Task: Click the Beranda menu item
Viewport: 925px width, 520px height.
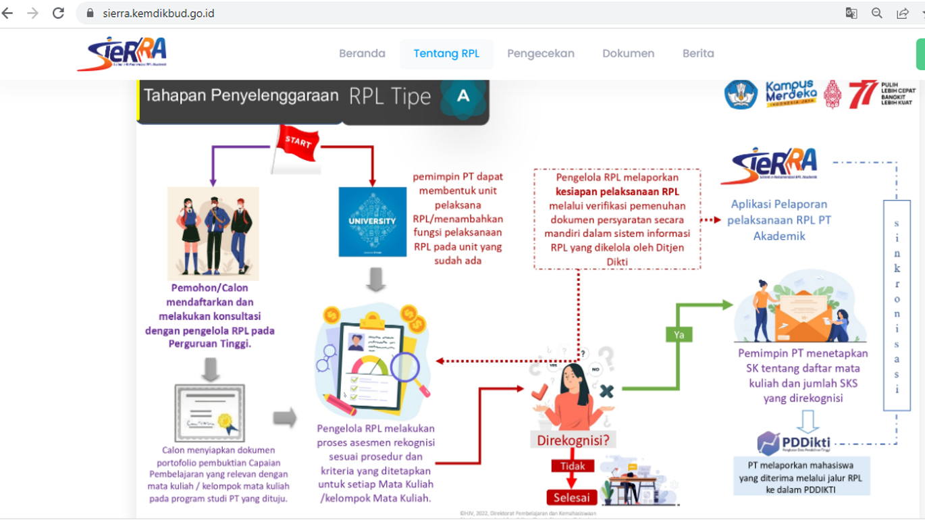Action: tap(362, 53)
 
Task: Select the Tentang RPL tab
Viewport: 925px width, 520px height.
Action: tap(446, 53)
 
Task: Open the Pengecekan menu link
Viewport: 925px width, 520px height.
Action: tap(541, 53)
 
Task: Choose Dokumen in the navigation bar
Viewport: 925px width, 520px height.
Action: tap(628, 53)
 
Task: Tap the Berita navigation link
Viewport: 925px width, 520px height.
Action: tap(698, 53)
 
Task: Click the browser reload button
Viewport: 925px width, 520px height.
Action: tap(59, 13)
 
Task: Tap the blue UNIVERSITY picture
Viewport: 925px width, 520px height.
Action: tap(372, 222)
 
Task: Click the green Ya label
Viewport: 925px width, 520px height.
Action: tap(679, 334)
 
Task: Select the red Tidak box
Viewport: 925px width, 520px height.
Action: tap(573, 466)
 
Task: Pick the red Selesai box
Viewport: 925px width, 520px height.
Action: tap(572, 498)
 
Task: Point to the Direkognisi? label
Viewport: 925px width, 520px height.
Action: tap(573, 440)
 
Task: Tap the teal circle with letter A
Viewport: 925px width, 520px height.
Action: tap(463, 97)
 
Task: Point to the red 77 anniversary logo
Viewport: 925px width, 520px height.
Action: tap(863, 95)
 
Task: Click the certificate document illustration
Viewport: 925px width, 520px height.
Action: tap(209, 413)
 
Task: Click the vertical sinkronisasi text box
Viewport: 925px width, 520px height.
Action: tap(897, 305)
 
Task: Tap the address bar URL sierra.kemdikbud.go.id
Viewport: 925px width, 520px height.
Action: tap(159, 13)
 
